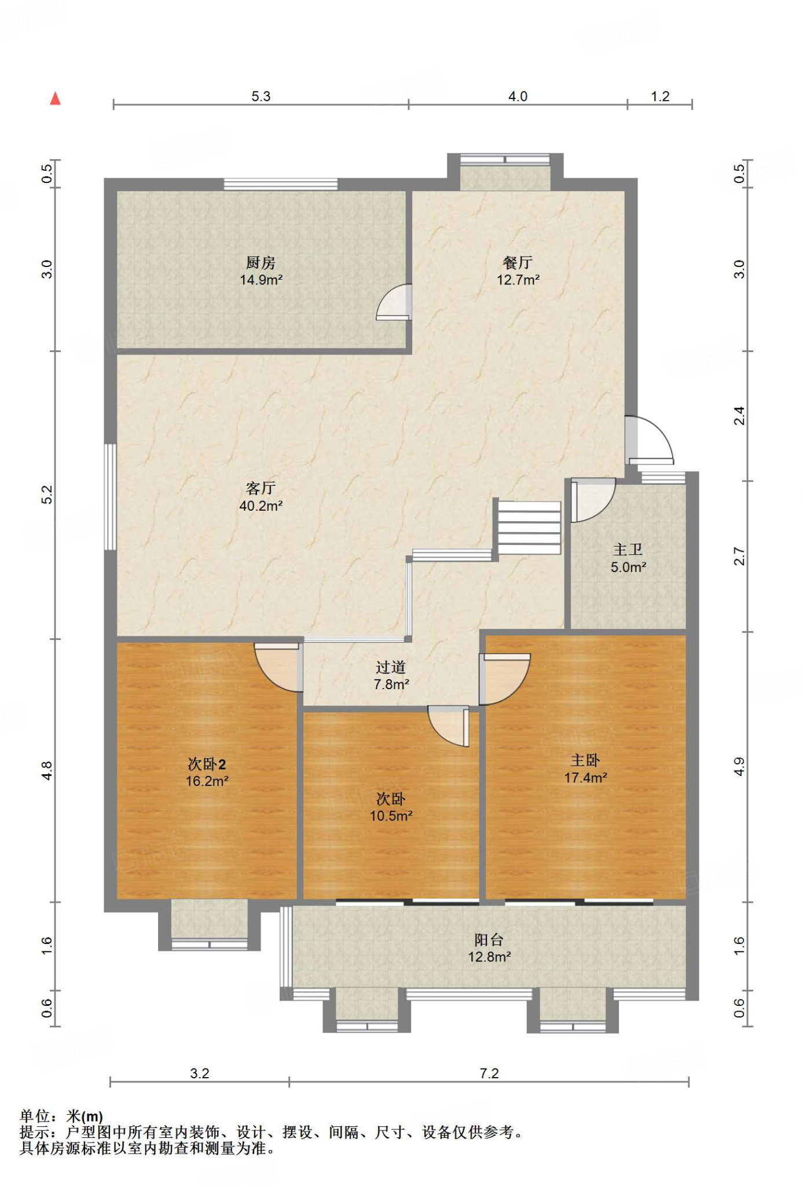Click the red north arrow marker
coord(56,98)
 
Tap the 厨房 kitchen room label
coord(261,263)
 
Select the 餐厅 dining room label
coord(518,263)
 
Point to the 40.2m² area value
coord(261,506)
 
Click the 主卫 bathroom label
coord(628,550)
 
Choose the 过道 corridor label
coord(391,667)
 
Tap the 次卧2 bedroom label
coord(207,764)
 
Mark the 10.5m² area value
coord(391,815)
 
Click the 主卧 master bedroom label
coord(585,760)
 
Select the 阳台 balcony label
coord(489,939)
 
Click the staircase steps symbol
coord(529,528)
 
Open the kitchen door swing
coord(394,302)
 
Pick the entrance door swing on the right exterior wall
coord(650,440)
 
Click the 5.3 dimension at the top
coord(261,96)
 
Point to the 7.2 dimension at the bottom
coord(489,1073)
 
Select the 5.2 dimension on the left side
coord(47,495)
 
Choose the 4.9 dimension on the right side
coord(739,767)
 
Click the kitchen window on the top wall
coord(281,184)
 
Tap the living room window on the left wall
coord(110,497)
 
